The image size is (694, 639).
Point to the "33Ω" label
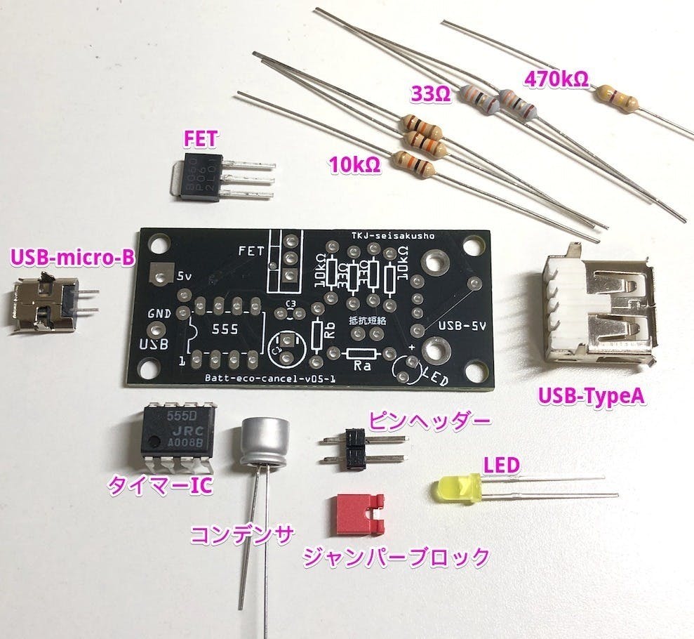(x=430, y=93)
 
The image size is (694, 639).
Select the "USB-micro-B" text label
(x=72, y=258)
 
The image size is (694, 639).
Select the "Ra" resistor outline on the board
(x=362, y=356)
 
